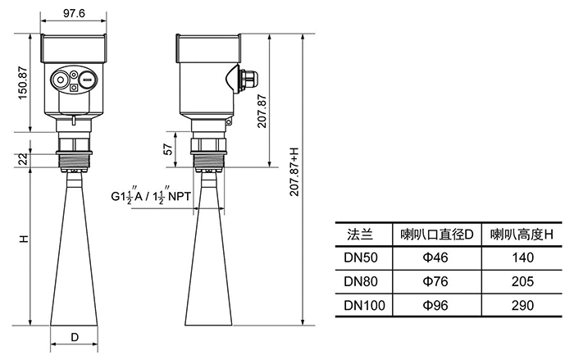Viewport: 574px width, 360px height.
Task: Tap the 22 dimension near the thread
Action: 24,159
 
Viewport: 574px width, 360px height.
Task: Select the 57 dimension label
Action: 168,148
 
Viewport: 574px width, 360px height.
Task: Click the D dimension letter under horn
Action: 74,337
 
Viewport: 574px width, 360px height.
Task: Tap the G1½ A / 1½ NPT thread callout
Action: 153,197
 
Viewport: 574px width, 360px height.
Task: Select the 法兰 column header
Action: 361,235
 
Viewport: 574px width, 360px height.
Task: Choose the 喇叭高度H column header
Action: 522,235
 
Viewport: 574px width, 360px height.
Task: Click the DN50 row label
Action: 361,257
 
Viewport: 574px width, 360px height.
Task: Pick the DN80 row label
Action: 361,281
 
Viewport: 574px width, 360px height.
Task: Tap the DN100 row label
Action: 361,305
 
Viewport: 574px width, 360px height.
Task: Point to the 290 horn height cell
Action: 522,305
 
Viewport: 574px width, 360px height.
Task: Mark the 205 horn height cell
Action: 522,281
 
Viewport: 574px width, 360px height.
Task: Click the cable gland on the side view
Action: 247,79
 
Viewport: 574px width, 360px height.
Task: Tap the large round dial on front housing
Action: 61,80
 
